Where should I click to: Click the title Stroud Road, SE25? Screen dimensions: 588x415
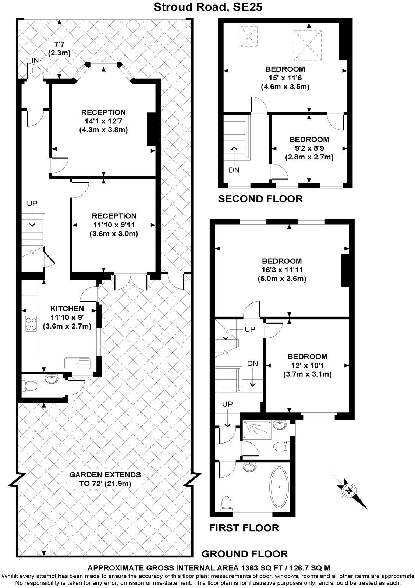point(207,7)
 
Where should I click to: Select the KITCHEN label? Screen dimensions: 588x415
point(67,308)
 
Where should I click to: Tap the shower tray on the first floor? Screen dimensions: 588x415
point(256,429)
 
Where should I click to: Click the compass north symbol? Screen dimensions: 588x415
point(348,490)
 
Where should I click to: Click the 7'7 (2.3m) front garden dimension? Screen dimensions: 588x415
point(59,49)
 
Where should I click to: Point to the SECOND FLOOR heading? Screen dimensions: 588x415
point(260,199)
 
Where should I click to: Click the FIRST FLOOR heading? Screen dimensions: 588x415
point(244,528)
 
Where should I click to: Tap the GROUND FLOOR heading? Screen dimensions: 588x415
point(245,554)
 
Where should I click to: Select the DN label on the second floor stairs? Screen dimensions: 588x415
point(234,170)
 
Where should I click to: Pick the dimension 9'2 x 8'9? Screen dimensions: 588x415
point(309,148)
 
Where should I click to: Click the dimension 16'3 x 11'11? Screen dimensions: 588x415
point(281,270)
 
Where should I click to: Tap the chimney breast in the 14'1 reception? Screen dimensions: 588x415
point(151,129)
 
